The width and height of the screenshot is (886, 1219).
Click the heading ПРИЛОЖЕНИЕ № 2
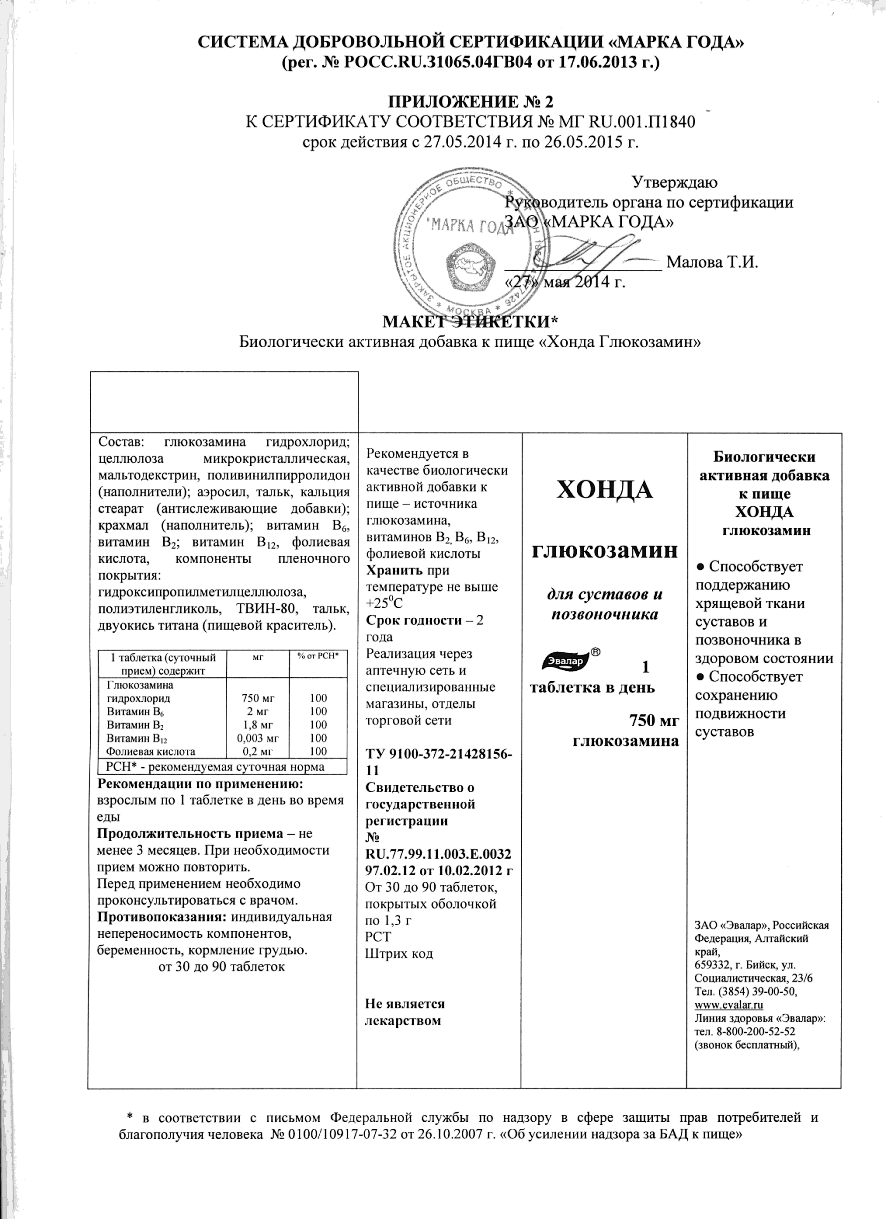470,102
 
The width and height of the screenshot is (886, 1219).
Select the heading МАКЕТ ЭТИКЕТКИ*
470,322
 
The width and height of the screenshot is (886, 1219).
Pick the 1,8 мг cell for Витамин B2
258,725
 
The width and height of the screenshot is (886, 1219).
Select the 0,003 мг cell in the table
258,738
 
